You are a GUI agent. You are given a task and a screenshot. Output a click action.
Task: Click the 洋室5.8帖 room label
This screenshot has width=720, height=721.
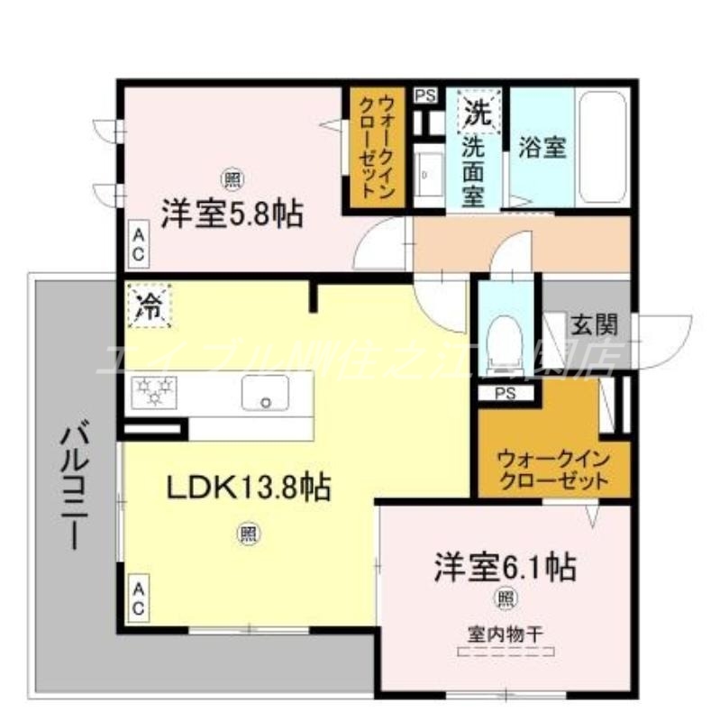coord(232,214)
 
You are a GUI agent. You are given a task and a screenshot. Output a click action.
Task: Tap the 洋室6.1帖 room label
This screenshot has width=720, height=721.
coord(505,567)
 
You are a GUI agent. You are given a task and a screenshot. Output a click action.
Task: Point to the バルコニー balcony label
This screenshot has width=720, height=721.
coord(73,487)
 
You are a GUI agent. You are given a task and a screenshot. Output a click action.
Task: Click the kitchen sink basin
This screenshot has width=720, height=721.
coord(265,392)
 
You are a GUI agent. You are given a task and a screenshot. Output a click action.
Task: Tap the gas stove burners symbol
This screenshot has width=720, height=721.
coord(155,392)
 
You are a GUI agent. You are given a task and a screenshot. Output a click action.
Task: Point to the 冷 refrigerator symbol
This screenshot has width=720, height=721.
coord(149,304)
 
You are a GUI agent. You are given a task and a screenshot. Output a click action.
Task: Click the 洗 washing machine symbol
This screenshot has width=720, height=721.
coord(477,112)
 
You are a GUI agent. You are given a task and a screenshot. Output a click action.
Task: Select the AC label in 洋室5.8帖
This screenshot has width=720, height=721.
coord(139,243)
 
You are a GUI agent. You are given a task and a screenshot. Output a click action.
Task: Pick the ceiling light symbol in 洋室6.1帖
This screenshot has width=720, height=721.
coord(505,597)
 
